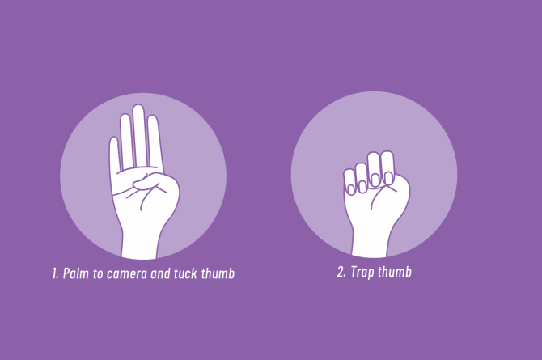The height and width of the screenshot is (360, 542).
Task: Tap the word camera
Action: [127, 274]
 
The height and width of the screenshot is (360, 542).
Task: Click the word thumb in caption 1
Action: [218, 273]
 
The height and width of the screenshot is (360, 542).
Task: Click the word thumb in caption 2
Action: [395, 272]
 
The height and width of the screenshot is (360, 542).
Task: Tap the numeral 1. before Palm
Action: [55, 273]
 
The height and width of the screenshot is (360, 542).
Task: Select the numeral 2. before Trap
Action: [341, 272]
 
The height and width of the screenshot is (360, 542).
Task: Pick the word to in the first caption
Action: [98, 274]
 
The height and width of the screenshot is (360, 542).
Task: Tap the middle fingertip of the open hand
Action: [138, 108]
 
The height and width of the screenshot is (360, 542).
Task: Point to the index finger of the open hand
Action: [155, 141]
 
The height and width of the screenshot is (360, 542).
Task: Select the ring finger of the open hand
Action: [126, 141]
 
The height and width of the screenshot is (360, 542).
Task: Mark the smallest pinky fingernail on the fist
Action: [351, 189]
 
